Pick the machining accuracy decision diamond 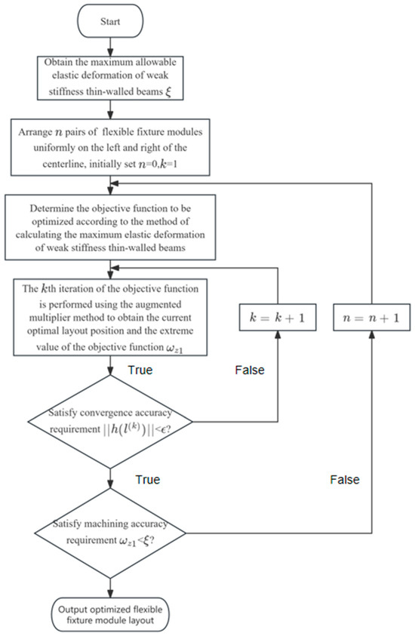(x=111, y=534)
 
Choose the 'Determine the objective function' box (x=111, y=224)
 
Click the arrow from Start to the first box (x=111, y=47)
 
